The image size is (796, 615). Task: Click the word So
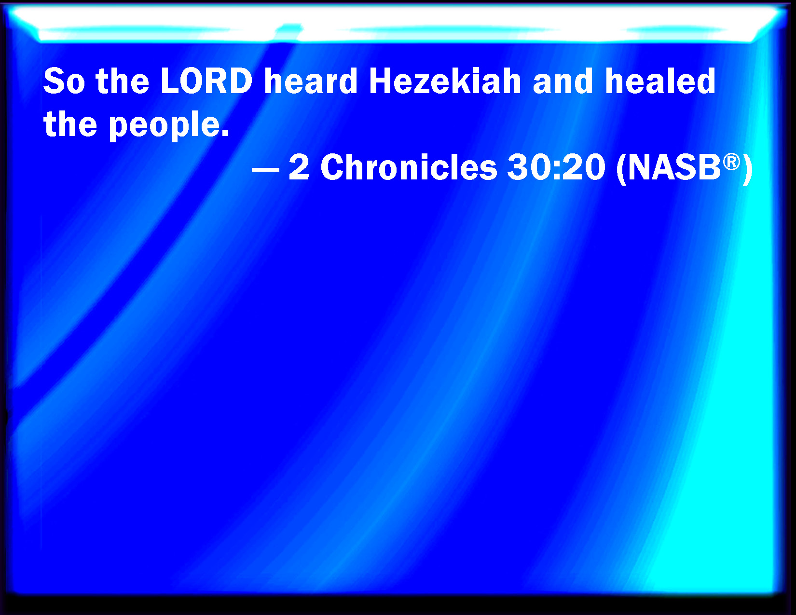(x=64, y=81)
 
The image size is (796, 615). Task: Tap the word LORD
(x=206, y=81)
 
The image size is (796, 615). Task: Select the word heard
(x=311, y=81)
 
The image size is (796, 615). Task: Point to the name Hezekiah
(x=445, y=81)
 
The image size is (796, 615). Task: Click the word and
(x=563, y=81)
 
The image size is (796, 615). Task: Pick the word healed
(x=660, y=81)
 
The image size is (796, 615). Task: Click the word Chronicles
(x=409, y=167)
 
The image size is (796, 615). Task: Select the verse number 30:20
(x=556, y=167)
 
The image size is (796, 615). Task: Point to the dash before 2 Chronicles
(x=266, y=170)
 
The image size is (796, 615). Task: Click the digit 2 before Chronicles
(x=299, y=167)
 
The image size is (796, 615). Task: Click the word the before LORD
(x=123, y=81)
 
